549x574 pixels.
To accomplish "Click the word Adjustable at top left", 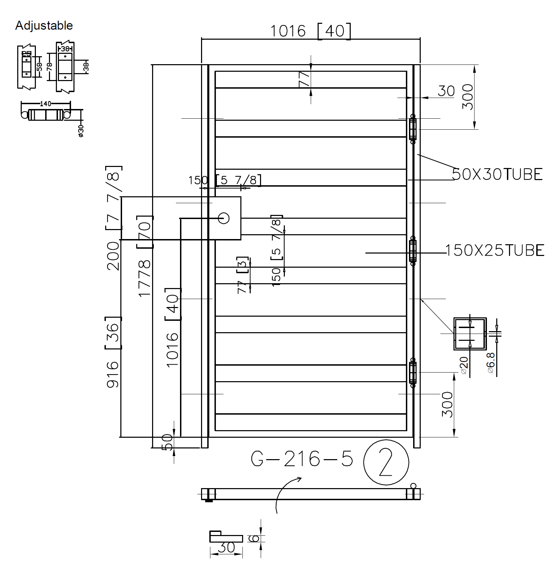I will (44, 26).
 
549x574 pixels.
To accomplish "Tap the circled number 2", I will (386, 462).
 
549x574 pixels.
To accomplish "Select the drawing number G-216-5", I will (302, 459).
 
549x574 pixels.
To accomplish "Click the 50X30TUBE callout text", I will (497, 174).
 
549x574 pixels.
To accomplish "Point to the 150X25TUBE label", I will (495, 250).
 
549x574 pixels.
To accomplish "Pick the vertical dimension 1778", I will (145, 278).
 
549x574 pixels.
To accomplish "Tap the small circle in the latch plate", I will (224, 218).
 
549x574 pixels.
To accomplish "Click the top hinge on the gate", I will (412, 129).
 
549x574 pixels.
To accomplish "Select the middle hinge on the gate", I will (412, 251).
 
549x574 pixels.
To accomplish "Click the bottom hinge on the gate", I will (412, 373).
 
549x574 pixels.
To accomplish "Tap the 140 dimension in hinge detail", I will (46, 103).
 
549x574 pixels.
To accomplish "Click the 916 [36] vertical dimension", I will (113, 352).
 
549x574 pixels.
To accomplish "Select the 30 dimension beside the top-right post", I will (446, 91).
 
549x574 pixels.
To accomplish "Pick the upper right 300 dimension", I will (468, 97).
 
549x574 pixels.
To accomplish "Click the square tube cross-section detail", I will (470, 334).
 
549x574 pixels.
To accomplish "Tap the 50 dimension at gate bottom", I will (167, 442).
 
